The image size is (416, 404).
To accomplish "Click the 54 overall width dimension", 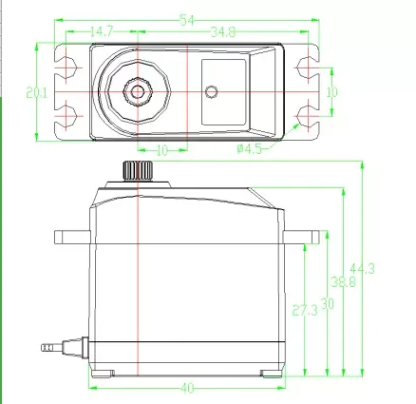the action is (x=187, y=20).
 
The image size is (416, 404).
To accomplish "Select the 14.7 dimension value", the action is (x=102, y=31).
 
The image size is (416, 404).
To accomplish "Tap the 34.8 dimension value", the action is (x=223, y=32).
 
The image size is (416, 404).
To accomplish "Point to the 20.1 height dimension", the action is (x=37, y=93).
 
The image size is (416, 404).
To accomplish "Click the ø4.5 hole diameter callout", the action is (x=250, y=148).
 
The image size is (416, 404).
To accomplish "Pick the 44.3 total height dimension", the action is (x=362, y=269).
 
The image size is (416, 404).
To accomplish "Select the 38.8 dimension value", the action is (x=344, y=281).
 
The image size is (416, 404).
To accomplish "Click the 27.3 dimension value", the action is (x=305, y=310).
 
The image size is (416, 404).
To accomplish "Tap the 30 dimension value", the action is (x=328, y=304).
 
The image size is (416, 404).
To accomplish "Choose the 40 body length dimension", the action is (x=187, y=388).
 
